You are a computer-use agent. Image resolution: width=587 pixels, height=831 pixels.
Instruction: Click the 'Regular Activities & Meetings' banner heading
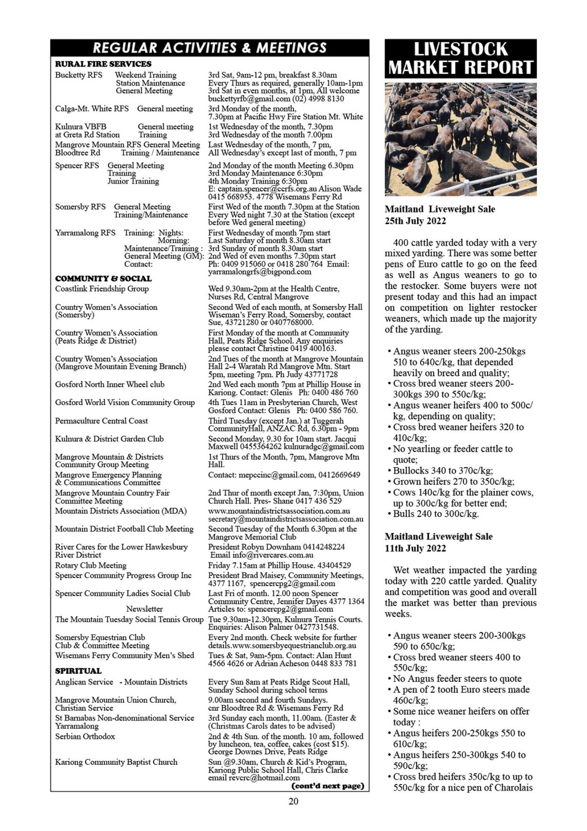click(210, 48)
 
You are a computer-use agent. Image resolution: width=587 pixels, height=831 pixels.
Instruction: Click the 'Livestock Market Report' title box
click(460, 58)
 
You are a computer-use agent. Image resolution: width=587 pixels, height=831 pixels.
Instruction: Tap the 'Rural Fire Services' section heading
click(103, 64)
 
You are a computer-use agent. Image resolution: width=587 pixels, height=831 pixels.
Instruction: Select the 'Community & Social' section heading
click(103, 279)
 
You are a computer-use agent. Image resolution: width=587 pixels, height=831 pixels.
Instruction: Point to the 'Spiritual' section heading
click(78, 671)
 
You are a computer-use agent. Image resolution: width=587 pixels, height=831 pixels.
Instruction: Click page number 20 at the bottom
click(293, 801)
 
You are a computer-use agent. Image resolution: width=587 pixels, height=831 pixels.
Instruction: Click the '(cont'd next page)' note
click(328, 786)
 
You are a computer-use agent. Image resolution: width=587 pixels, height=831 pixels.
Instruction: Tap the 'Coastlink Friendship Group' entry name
click(102, 289)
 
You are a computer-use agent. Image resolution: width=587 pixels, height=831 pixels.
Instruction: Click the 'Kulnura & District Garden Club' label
click(109, 439)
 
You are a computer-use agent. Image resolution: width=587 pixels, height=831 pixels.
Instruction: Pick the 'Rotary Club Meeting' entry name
click(91, 565)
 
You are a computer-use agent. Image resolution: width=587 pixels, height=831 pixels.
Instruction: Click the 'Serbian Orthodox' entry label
click(85, 736)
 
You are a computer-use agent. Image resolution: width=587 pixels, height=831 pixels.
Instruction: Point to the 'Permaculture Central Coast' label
click(101, 421)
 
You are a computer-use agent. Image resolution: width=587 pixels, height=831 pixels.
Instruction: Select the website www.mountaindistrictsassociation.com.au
click(279, 511)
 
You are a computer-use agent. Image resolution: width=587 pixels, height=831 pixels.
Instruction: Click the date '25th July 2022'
click(415, 221)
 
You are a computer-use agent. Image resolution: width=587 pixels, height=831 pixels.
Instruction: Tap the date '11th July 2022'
click(415, 548)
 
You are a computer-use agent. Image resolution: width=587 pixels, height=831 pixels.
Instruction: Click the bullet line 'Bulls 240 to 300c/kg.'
click(436, 514)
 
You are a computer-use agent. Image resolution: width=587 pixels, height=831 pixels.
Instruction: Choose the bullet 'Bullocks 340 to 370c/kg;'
click(443, 470)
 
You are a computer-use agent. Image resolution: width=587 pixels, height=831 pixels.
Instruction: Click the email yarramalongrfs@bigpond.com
click(259, 272)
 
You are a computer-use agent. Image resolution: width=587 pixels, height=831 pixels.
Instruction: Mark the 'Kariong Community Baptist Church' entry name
click(116, 762)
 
